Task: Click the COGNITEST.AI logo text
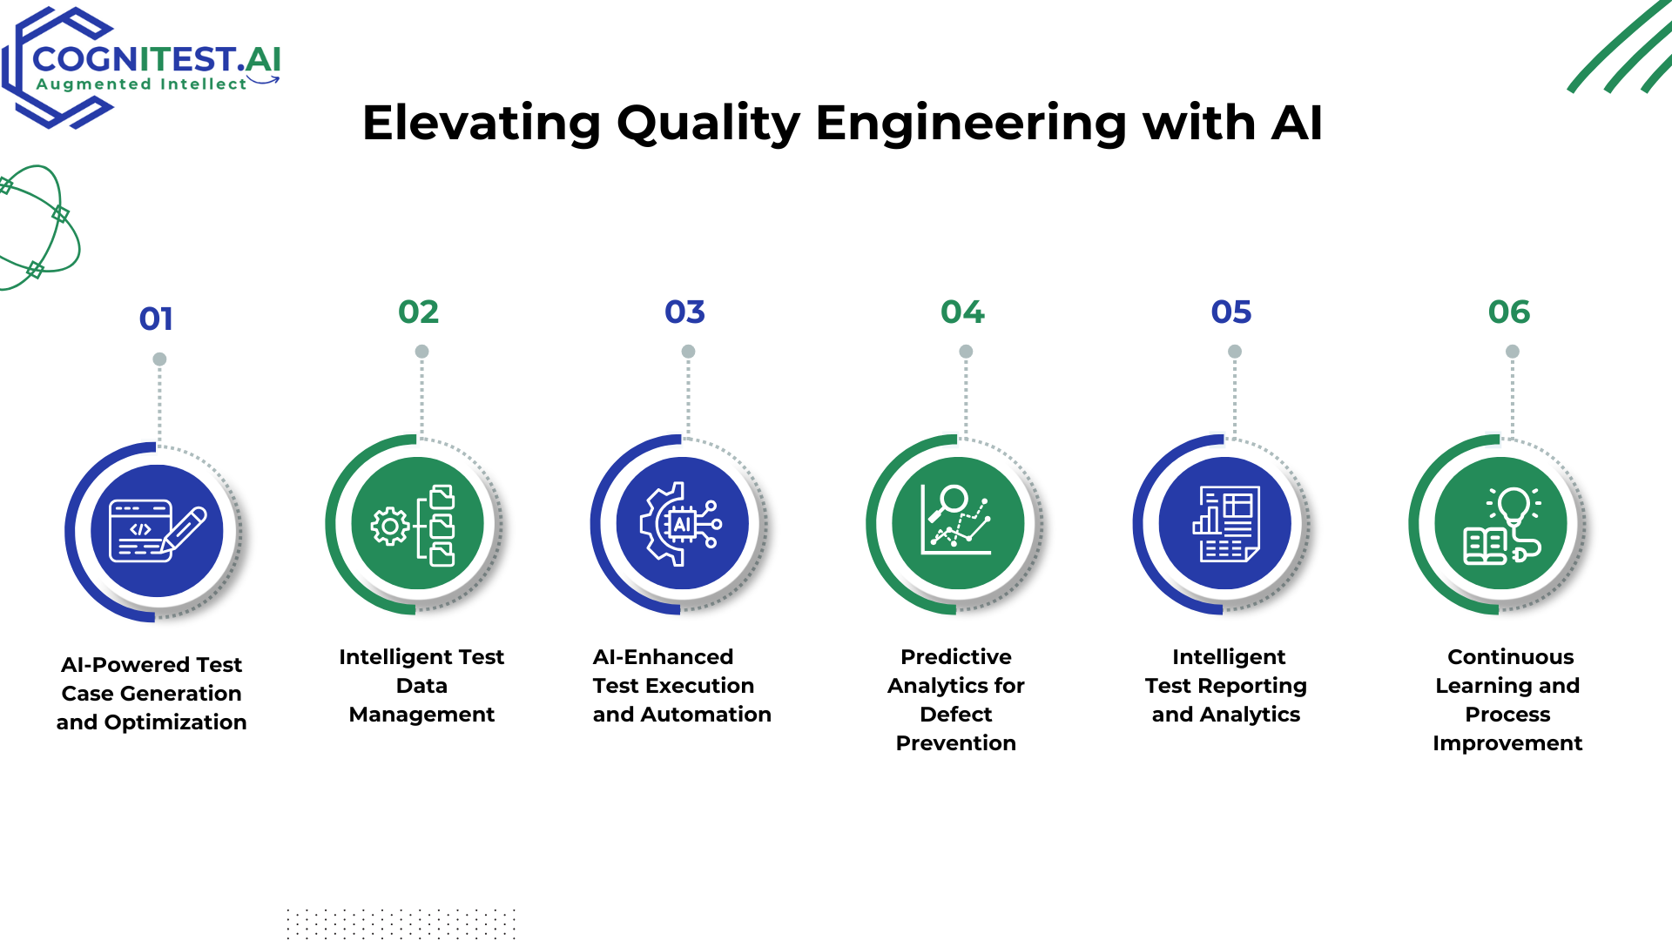[x=157, y=59]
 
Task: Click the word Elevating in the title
[x=481, y=123]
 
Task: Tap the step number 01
[x=156, y=319]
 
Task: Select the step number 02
[x=419, y=312]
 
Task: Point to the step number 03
[x=685, y=312]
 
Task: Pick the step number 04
[x=962, y=312]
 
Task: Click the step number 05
[x=1231, y=312]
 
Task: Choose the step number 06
[x=1509, y=312]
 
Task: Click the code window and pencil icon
[x=158, y=531]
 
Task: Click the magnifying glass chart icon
[x=956, y=520]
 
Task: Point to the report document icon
[x=1226, y=524]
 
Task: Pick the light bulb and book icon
[x=1502, y=525]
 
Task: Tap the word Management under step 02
[x=421, y=715]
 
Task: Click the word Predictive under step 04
[x=956, y=657]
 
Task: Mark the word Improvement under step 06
[x=1507, y=743]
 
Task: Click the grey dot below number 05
[x=1235, y=352]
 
